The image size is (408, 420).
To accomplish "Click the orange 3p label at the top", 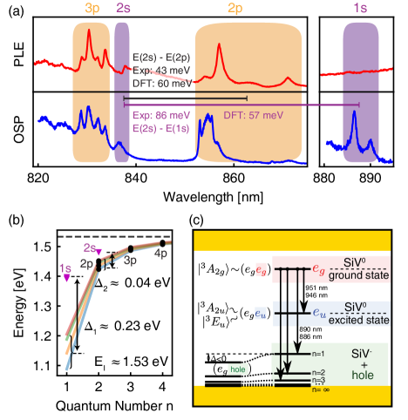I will [91, 8].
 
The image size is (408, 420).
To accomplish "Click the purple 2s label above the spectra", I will [122, 8].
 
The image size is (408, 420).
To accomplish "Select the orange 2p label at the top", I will [235, 8].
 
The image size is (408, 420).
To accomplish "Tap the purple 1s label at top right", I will [359, 8].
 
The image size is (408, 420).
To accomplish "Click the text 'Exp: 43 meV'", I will [160, 72].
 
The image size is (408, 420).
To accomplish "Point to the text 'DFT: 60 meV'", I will [161, 84].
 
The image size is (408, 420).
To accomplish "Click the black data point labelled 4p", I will [162, 242].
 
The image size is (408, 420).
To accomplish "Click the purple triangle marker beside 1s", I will [65, 280].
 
